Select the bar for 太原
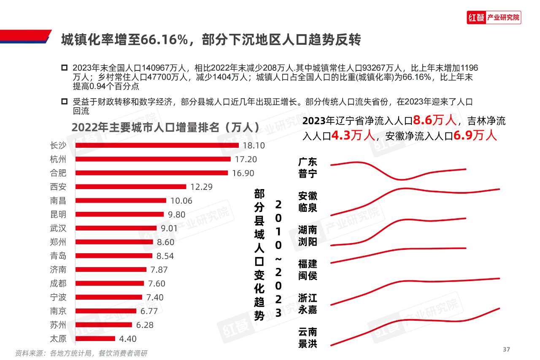pyautogui.click(x=95, y=338)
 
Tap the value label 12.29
pyautogui.click(x=201, y=187)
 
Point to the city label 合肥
pyautogui.click(x=58, y=173)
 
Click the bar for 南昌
pyautogui.click(x=121, y=200)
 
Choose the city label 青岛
pyautogui.click(x=58, y=256)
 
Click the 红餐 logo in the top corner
pyautogui.click(x=476, y=18)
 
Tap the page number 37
pyautogui.click(x=506, y=349)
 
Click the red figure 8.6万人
pyautogui.click(x=435, y=121)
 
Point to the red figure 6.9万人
pyautogui.click(x=475, y=135)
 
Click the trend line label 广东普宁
pyautogui.click(x=308, y=168)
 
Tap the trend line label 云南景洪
pyautogui.click(x=308, y=338)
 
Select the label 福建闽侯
pyautogui.click(x=308, y=270)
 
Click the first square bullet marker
pyautogui.click(x=65, y=68)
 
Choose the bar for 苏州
pyautogui.click(x=104, y=325)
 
